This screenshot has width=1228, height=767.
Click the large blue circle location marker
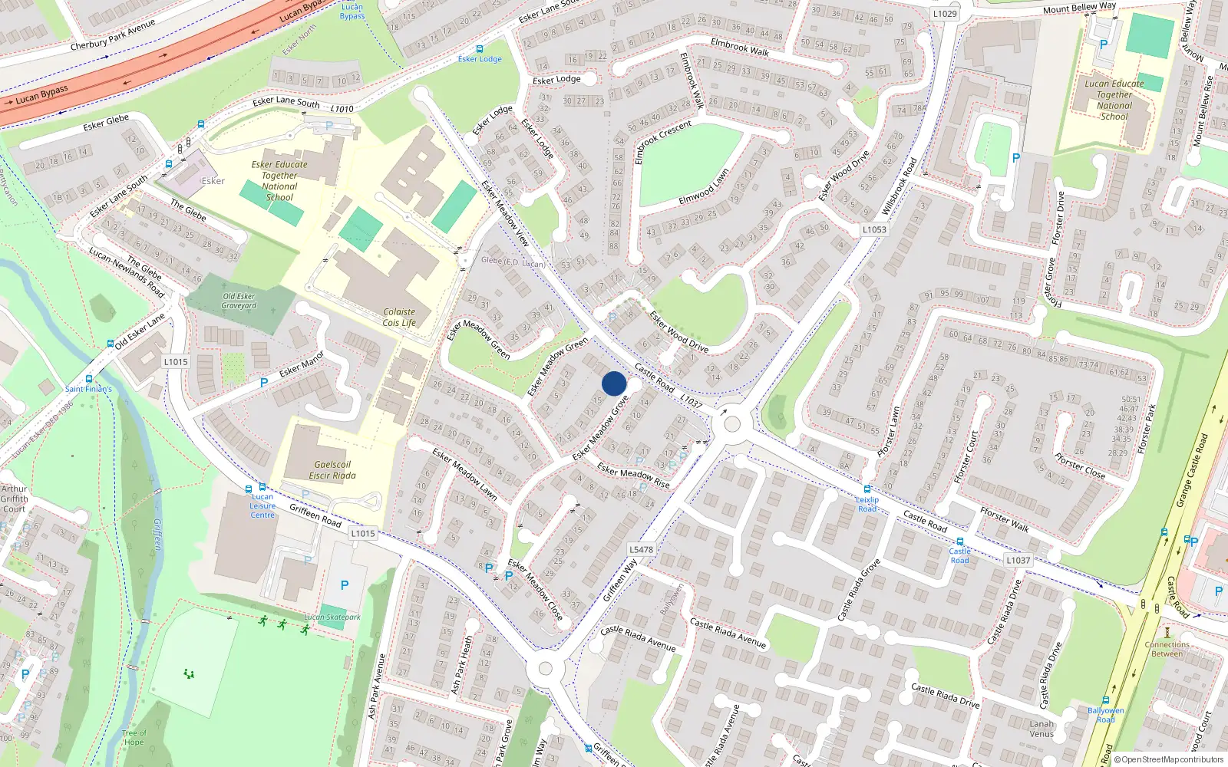coord(614,383)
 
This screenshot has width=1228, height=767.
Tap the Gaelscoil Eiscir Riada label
coord(332,470)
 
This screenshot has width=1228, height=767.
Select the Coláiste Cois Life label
coord(399,318)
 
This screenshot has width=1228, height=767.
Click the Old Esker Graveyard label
coord(239,301)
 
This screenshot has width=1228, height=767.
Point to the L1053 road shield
coord(873,229)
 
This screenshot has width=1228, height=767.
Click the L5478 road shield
coord(641,549)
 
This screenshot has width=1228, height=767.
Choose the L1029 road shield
coord(945,14)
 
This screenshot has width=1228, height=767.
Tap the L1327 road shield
coord(1018,561)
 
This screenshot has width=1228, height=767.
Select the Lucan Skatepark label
coord(332,617)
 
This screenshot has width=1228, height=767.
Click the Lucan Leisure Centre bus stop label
coord(262,505)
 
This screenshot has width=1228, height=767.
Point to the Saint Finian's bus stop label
coord(88,389)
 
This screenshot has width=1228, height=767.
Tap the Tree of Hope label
coord(134,737)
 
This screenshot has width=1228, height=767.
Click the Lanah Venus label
coord(1041,729)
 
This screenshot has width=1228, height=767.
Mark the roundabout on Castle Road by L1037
coord(731,423)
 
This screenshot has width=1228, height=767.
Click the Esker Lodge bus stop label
coord(480,59)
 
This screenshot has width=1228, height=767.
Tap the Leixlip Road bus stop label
coord(867,504)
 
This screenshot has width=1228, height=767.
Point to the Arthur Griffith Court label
coord(14,499)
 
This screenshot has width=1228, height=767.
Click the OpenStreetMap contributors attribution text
coord(1168,759)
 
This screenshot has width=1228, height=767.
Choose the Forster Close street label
coord(1079,466)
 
